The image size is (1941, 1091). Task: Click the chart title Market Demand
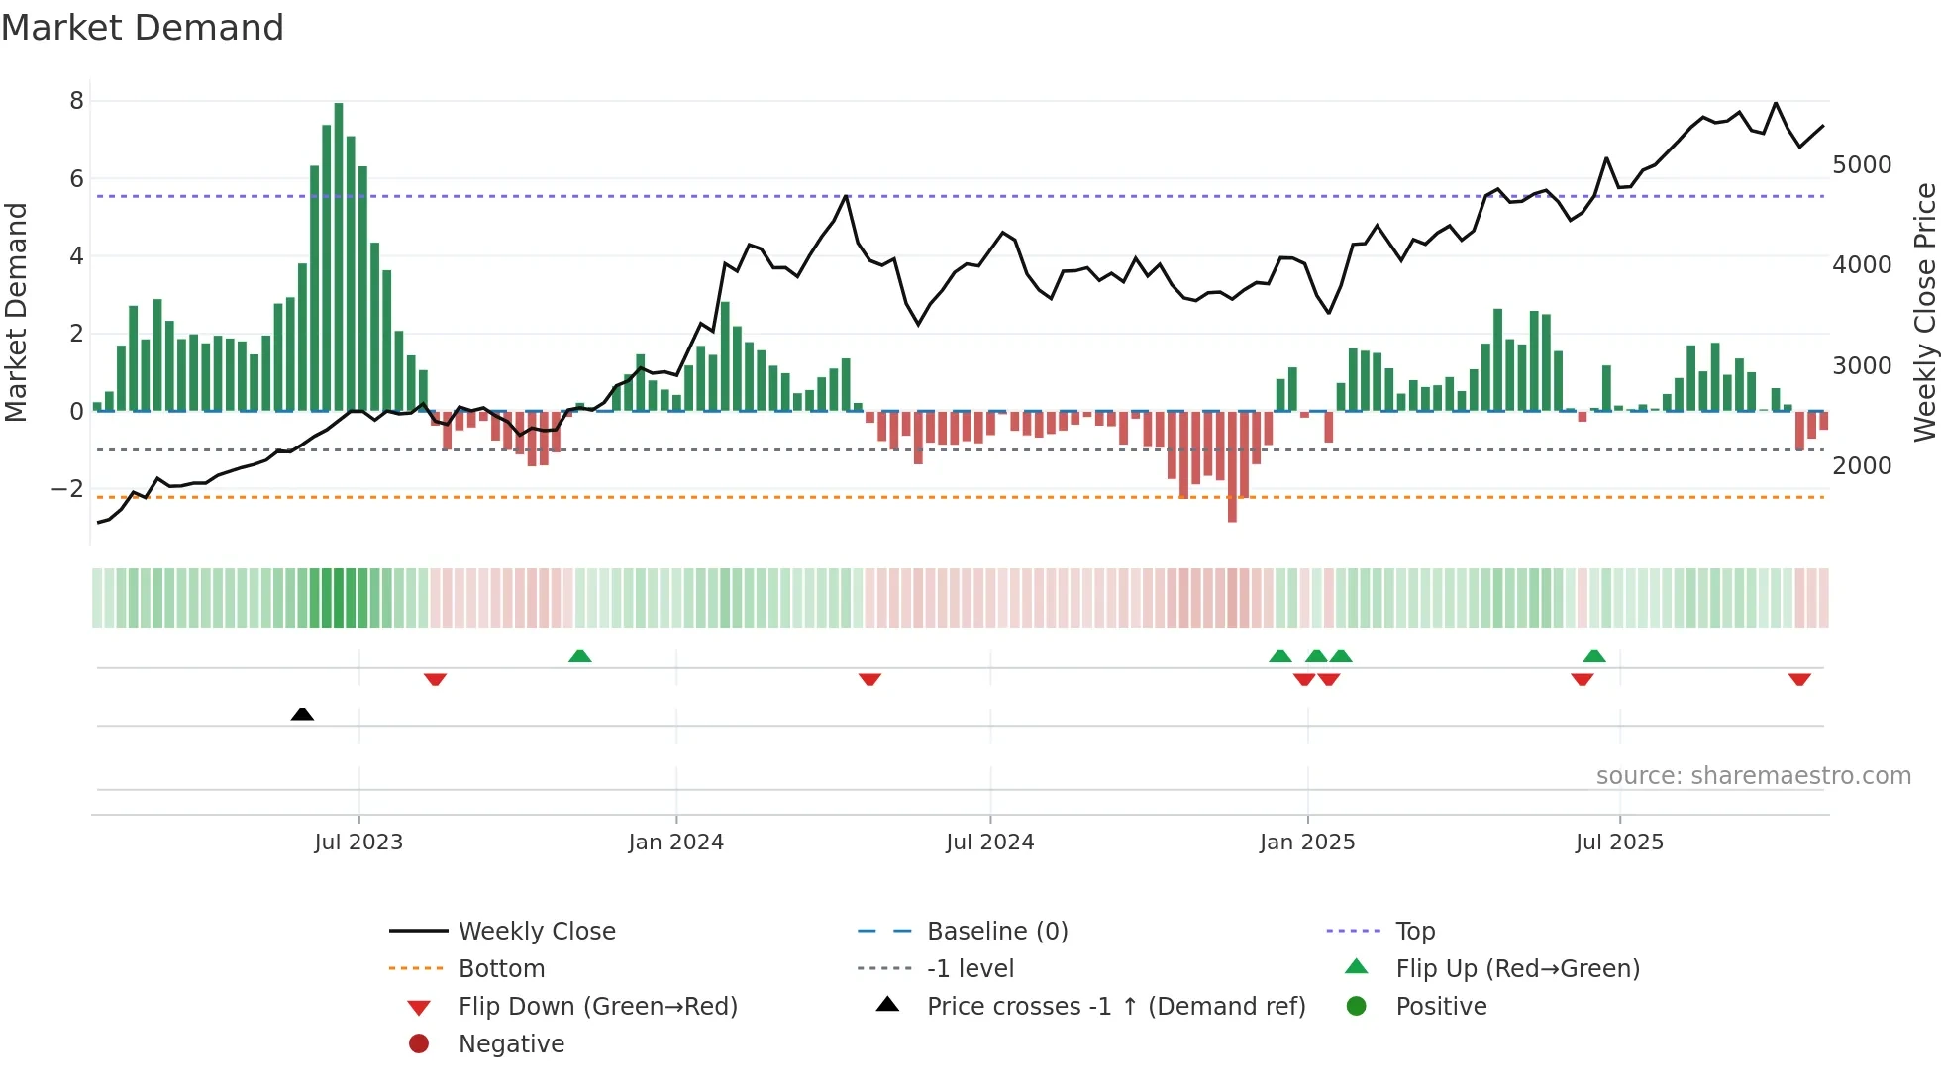[x=143, y=28]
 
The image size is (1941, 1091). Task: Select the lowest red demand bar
[x=1232, y=465]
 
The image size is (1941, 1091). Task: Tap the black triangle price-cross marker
[x=302, y=714]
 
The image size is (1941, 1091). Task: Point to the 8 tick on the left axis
[x=76, y=101]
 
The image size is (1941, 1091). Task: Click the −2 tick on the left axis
[x=67, y=489]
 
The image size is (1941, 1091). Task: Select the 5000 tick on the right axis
[x=1862, y=165]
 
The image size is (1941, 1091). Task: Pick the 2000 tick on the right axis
[x=1862, y=466]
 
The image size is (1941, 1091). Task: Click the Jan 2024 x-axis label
[x=675, y=843]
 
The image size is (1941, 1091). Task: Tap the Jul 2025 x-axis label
[x=1619, y=843]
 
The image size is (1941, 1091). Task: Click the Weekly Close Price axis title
[x=1924, y=312]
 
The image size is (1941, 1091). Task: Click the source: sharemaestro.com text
[x=1753, y=776]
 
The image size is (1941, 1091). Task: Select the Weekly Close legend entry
[x=536, y=932]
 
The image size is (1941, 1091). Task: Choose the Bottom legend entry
[x=501, y=969]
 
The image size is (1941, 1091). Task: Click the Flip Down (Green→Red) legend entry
[x=597, y=1007]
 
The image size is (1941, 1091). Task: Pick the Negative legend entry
[x=511, y=1044]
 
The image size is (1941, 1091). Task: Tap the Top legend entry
[x=1415, y=932]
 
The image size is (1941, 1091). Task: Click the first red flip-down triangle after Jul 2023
[x=435, y=679]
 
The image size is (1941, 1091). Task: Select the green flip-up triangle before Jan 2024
[x=580, y=656]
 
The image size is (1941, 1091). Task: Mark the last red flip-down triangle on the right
[x=1799, y=679]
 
